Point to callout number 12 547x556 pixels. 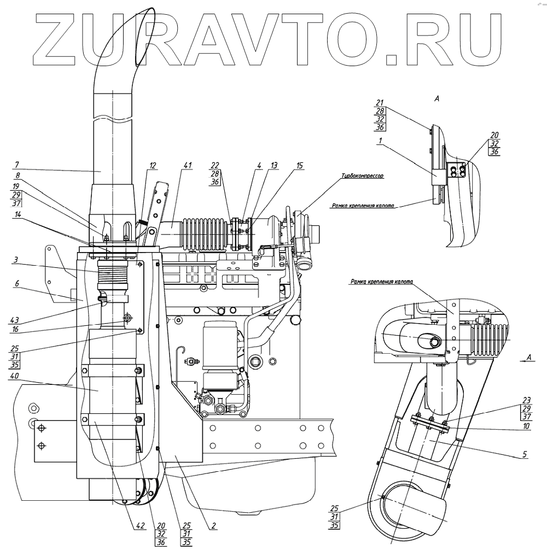(x=153, y=166)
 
